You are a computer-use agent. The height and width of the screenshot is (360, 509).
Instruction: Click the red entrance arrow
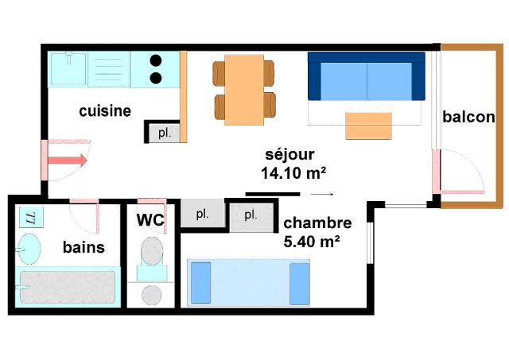point(68,161)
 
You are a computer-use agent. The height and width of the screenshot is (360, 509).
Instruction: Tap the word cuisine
point(105,111)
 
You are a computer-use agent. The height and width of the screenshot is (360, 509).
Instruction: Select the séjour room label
point(289,155)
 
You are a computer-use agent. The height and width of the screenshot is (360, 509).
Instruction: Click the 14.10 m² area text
point(293,173)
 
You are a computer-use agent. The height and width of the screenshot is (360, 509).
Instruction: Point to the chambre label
point(317,223)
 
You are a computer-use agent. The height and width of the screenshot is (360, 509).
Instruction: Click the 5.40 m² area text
point(312,242)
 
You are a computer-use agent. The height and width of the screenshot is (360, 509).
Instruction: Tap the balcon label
point(468,117)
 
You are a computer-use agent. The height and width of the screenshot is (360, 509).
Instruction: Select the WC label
point(150,220)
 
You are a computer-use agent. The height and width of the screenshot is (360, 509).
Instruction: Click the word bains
point(84,247)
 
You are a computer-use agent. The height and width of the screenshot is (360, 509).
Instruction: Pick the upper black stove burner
point(156,60)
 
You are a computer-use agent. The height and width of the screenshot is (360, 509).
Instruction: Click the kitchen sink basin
point(68,69)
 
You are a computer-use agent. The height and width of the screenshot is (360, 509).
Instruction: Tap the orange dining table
point(244,90)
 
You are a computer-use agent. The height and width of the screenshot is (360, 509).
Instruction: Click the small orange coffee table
point(368,126)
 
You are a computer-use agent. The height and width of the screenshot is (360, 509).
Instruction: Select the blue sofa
point(367,76)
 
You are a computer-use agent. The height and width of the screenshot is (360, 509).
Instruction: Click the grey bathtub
point(68,287)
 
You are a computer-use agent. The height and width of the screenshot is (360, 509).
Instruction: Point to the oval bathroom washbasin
point(29,249)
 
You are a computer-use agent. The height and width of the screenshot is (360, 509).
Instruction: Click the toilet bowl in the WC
point(152,251)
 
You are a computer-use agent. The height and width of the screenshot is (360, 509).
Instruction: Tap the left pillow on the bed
point(201,283)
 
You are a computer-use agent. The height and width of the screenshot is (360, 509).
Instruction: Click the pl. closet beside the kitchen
point(164,133)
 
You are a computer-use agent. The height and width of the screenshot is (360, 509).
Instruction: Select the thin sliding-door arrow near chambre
point(321,194)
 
